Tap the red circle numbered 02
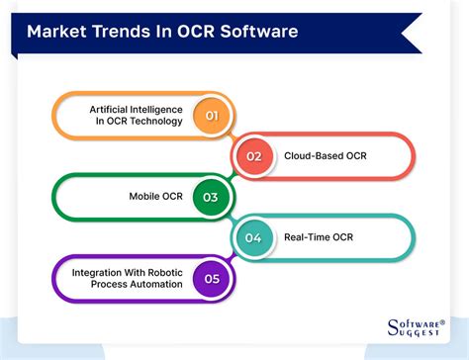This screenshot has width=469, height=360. (x=254, y=155)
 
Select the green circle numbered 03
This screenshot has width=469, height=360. (x=211, y=196)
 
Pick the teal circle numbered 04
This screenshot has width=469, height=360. (x=254, y=237)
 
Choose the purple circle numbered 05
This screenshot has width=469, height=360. (x=211, y=278)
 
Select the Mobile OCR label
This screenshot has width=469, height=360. (x=150, y=196)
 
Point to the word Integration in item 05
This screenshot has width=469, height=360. (x=99, y=271)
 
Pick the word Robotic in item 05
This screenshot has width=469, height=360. (x=163, y=271)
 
